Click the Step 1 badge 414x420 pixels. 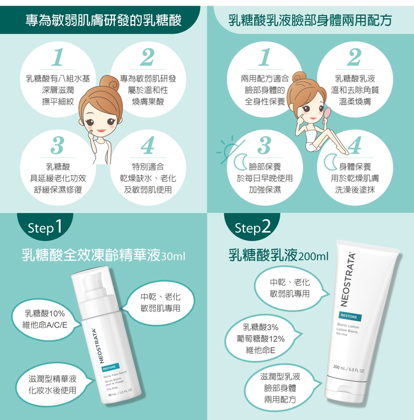pos(45,227)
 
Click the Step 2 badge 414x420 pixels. pos(252,227)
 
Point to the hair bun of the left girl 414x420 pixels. pos(109,83)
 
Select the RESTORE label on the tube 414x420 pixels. pos(350,316)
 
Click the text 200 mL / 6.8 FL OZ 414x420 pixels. pos(349,369)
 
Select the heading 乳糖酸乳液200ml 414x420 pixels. pos(278,255)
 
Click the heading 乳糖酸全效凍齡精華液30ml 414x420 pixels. pos(103,255)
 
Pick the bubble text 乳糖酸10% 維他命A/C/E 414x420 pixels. pos(45,319)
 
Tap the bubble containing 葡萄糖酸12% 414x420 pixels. pos(261,339)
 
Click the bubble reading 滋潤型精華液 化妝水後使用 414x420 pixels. pos(53,385)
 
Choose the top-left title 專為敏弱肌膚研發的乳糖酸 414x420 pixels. pos(104,20)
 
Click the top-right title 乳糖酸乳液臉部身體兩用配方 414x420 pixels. pos(310,20)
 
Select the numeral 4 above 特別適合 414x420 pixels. pos(148,145)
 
